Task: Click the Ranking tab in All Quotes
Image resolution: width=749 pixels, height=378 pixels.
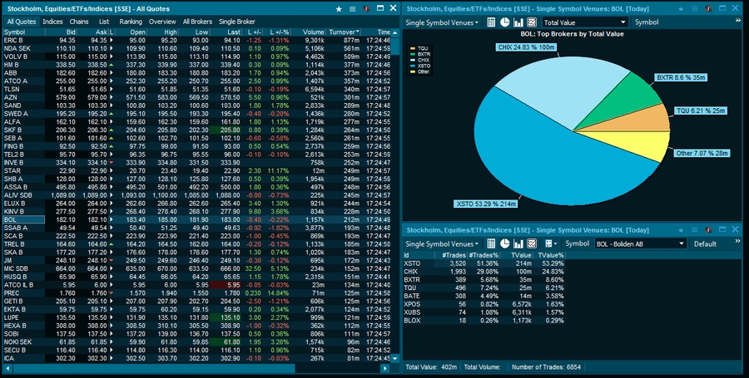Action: [131, 21]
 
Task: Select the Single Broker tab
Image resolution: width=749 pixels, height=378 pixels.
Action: [237, 21]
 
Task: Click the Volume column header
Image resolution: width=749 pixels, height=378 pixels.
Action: [313, 32]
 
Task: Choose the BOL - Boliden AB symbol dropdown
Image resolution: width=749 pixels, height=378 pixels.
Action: [640, 243]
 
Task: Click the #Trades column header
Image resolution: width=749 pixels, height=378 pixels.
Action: [454, 254]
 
